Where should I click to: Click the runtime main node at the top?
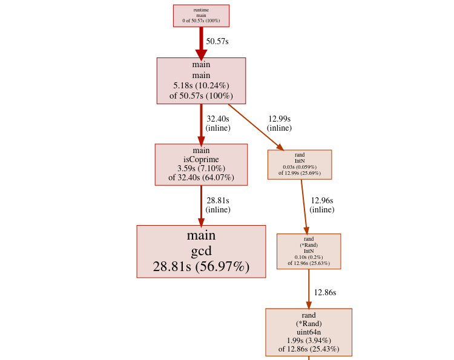tap(201, 16)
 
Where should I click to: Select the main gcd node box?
tap(201, 252)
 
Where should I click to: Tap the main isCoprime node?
tap(201, 165)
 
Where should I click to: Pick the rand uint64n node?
tap(309, 332)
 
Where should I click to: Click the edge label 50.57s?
tap(217, 41)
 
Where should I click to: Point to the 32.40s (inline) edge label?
tap(218, 123)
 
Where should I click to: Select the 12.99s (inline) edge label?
tap(280, 123)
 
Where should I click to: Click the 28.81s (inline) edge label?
tap(218, 205)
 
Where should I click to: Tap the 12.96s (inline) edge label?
tap(322, 205)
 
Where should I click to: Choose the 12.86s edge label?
tap(325, 293)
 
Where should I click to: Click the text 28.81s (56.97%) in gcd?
tap(201, 267)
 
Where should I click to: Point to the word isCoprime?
tap(201, 160)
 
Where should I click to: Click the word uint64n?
tap(309, 332)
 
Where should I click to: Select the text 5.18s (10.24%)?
tap(201, 86)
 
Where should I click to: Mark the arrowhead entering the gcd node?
tap(201, 223)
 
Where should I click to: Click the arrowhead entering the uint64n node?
tap(309, 306)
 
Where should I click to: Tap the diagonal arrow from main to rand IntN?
tap(256, 127)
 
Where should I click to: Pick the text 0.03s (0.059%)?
tap(300, 167)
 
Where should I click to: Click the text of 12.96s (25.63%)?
tap(309, 263)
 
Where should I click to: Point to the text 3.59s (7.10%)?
tap(201, 168)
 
